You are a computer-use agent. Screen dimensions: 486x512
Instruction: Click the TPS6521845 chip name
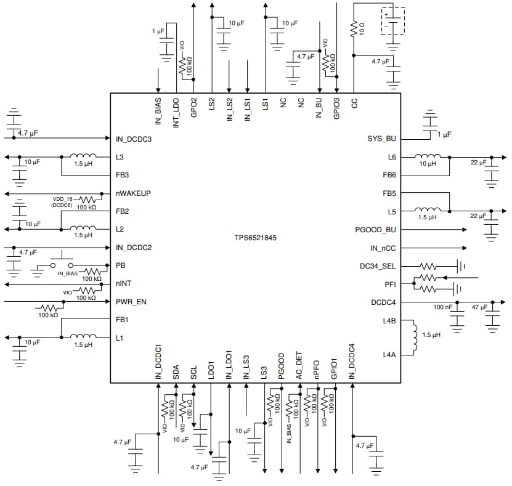(254, 237)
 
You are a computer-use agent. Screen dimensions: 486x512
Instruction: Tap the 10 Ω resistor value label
(363, 28)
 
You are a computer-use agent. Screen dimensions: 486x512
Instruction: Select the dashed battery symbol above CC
(392, 20)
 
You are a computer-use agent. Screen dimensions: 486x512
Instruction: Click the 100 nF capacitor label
(443, 306)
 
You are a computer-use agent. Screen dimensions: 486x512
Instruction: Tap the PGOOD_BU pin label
(375, 230)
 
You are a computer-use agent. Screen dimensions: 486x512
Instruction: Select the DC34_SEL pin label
(378, 266)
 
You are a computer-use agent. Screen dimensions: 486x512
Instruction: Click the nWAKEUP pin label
(133, 193)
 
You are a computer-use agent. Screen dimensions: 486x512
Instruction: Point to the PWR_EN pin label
(131, 302)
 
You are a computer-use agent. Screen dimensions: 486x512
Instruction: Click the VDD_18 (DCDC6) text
(67, 202)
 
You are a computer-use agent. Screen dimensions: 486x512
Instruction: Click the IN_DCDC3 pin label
(134, 139)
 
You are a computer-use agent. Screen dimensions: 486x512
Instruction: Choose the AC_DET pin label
(299, 366)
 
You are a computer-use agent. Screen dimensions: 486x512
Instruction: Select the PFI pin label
(389, 284)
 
